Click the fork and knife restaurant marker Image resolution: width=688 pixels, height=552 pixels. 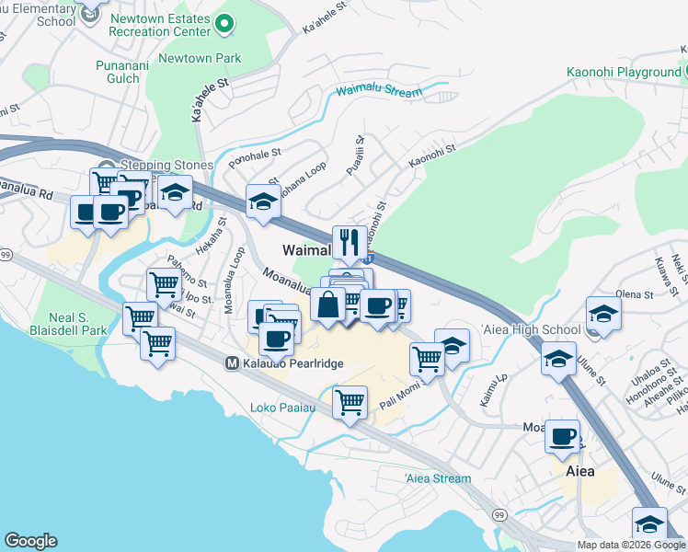[349, 244]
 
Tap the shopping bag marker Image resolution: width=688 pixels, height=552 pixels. [328, 304]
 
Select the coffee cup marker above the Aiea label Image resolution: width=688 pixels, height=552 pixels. [562, 437]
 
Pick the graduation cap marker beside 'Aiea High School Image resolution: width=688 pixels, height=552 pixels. [602, 316]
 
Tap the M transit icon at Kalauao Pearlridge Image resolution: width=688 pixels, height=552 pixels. [232, 363]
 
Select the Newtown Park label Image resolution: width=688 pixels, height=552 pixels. [201, 58]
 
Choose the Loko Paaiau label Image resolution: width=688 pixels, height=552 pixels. [282, 408]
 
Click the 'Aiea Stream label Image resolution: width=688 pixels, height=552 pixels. [438, 478]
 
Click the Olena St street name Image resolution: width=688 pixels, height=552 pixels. [634, 295]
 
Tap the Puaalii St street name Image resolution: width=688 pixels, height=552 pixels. [361, 150]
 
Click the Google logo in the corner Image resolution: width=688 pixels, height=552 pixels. [30, 541]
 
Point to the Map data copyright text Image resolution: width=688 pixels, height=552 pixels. [631, 545]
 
